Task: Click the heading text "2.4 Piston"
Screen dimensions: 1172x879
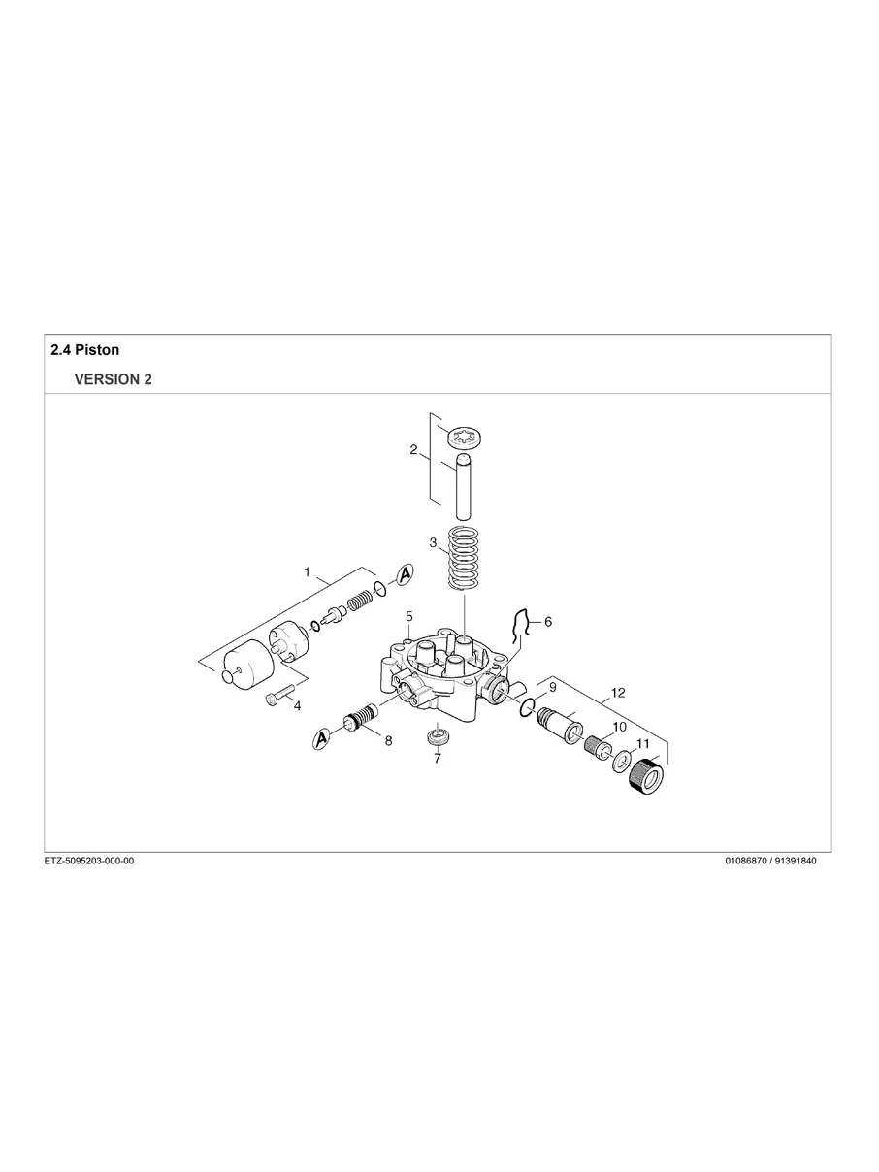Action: (84, 349)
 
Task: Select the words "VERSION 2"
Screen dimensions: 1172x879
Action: (113, 380)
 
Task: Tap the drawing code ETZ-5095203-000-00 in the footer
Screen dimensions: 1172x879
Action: (89, 862)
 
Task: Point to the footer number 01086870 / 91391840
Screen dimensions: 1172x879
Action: (770, 862)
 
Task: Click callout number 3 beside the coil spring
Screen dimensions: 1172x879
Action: (433, 542)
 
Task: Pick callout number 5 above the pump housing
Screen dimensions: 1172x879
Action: (409, 616)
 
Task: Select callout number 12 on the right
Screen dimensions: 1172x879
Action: (618, 693)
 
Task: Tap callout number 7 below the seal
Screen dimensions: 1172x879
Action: (437, 759)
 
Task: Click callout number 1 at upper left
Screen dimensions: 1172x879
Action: (307, 572)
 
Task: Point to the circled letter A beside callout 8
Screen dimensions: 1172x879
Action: (321, 740)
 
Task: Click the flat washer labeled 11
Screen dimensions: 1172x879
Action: (620, 762)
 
